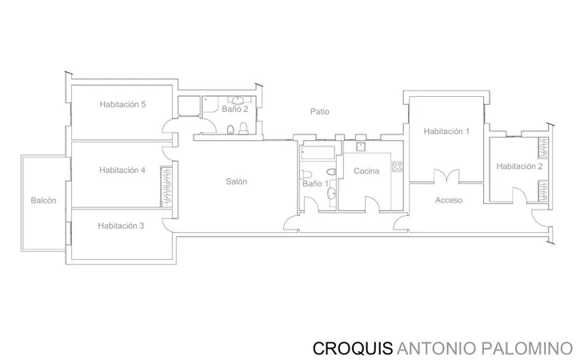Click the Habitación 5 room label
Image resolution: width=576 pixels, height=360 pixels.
pos(122,104)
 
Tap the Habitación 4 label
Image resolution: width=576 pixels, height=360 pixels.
pos(122,170)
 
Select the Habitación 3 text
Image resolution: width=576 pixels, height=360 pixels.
pos(121,226)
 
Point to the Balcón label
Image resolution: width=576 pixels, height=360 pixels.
pos(43,201)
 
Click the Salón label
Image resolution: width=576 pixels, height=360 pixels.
pos(236,182)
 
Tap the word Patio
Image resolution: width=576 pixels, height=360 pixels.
pos(319,112)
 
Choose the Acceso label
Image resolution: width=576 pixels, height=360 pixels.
pos(449,200)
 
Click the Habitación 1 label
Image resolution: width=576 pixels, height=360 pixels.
pos(446,131)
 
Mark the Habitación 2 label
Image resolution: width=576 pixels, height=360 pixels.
pos(519,166)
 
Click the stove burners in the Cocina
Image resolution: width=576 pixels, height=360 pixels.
pos(397,166)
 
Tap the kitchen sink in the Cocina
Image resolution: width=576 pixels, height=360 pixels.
pos(361,146)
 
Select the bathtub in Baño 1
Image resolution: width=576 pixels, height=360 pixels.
pos(318,153)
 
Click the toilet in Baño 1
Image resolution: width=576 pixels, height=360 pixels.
pos(306,174)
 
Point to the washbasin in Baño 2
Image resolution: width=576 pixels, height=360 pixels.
pos(238,99)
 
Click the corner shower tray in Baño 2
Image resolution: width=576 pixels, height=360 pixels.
pos(210,105)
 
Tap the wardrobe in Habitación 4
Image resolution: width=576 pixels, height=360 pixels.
pos(166,186)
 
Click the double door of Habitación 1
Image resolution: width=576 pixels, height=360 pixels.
pos(446,176)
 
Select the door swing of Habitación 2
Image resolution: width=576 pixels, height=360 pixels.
pos(519,194)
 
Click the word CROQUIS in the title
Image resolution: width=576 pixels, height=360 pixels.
pos(353,348)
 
